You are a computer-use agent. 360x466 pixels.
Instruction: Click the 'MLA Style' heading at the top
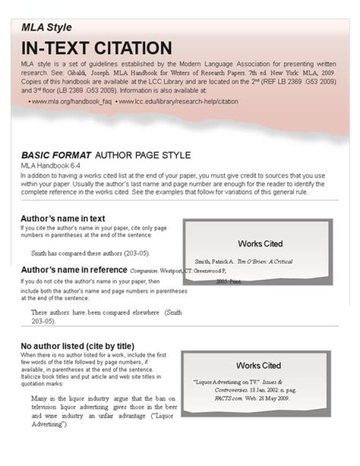coord(46,28)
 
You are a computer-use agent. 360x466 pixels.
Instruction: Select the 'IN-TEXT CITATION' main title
coord(96,49)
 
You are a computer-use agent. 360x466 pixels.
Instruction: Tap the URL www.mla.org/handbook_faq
coord(70,102)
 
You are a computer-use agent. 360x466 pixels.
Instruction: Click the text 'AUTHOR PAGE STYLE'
coord(142,155)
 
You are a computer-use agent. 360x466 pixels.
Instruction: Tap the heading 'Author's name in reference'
coord(74,270)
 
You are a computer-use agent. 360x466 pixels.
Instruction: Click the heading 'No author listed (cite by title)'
coord(77,346)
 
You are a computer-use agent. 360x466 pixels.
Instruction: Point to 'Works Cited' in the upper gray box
coord(260,244)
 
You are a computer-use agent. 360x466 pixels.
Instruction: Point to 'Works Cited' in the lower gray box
coord(258,365)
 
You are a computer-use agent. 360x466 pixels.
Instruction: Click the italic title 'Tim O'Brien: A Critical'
coord(264,261)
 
